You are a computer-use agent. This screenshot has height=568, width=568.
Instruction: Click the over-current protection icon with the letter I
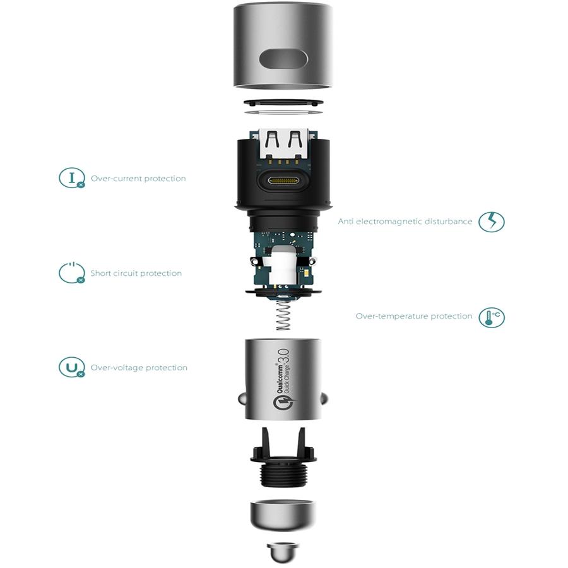72,178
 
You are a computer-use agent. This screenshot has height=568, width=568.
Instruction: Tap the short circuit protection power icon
72,273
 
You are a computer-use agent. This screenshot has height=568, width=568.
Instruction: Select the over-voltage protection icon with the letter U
72,367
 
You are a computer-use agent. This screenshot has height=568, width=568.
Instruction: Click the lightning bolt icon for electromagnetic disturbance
491,222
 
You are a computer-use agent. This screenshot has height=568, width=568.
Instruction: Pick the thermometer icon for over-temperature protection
491,317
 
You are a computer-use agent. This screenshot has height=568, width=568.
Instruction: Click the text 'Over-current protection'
138,178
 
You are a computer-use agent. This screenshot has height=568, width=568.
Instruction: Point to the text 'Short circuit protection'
136,273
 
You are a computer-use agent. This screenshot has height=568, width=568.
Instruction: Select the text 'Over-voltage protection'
139,368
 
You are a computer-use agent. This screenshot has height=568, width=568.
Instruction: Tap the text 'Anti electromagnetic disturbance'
405,222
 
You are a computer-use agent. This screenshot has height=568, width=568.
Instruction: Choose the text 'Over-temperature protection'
414,316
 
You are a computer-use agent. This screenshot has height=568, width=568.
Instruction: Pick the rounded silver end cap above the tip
283,516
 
